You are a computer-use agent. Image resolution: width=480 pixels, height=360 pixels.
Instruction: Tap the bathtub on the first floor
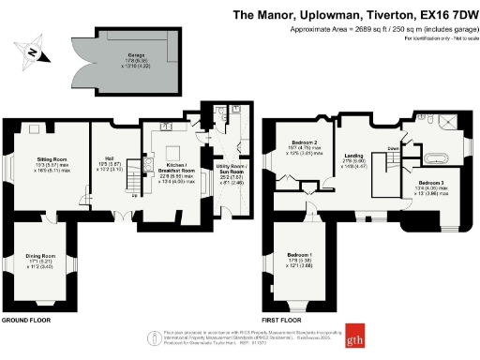[437, 156]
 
